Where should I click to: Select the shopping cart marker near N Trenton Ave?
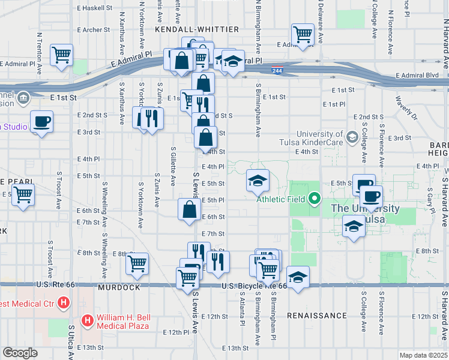61,55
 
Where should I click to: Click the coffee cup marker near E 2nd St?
41,122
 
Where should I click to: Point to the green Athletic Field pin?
315,199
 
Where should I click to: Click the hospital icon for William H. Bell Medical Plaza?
87,320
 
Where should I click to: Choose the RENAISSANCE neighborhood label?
317,315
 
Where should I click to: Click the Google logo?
20,353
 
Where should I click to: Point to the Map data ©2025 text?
423,355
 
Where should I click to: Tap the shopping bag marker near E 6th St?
189,210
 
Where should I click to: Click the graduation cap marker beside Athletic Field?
258,181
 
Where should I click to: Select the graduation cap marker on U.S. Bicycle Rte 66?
298,277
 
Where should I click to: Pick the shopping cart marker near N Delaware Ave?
303,34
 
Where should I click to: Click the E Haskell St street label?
95,8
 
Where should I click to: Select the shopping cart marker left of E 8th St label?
137,263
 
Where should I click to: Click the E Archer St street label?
93,29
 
